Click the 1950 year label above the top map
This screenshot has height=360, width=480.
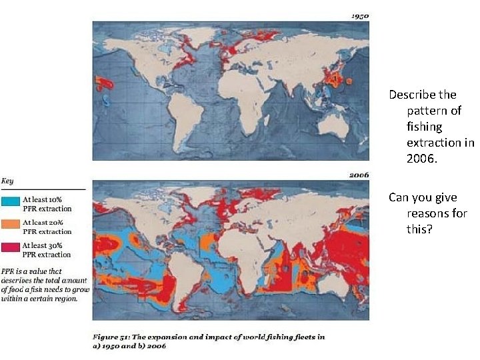coord(359,15)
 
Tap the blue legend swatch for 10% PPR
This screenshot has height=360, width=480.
coord(11,200)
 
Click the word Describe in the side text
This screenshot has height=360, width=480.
coord(413,95)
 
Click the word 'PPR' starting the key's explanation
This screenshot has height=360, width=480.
coord(9,271)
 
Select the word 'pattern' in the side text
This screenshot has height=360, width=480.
coord(434,111)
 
